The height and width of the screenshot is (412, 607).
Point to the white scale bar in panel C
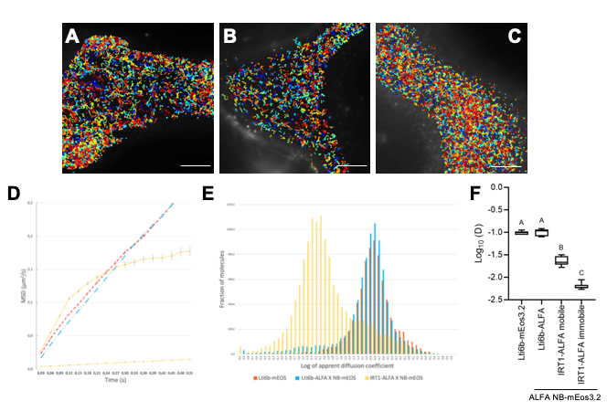(510, 166)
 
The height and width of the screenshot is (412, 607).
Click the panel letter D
(14, 194)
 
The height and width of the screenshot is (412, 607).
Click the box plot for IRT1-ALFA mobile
(561, 260)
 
